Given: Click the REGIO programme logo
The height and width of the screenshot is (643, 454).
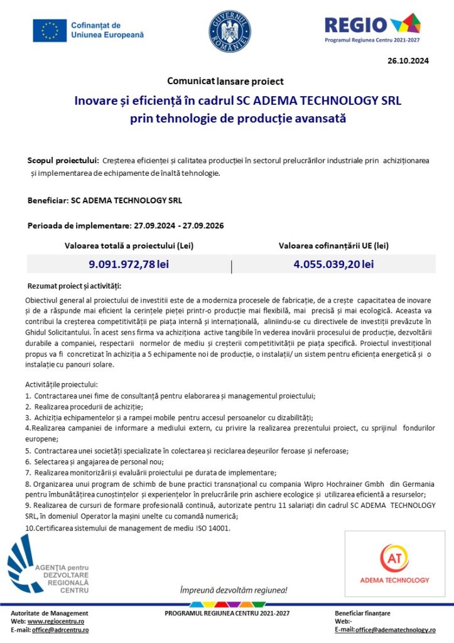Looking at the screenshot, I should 372,29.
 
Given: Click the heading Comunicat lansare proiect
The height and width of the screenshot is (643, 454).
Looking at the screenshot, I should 225,81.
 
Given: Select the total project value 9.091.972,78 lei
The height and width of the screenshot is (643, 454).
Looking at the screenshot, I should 129,264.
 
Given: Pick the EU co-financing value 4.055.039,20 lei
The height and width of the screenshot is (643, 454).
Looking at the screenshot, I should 333,264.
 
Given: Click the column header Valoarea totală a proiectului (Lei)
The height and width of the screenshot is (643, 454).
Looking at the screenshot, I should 129,246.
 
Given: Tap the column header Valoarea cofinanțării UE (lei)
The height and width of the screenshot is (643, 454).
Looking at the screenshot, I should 333,246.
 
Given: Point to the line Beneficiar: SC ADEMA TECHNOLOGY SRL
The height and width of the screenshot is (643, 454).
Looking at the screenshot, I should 105,201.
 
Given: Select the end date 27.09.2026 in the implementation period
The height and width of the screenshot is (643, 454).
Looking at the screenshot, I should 205,225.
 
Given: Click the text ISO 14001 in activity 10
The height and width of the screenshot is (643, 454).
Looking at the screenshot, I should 214,528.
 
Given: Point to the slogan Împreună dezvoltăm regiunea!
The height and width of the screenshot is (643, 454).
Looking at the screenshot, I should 234,590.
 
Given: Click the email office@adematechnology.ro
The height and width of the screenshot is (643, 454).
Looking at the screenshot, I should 395,630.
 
